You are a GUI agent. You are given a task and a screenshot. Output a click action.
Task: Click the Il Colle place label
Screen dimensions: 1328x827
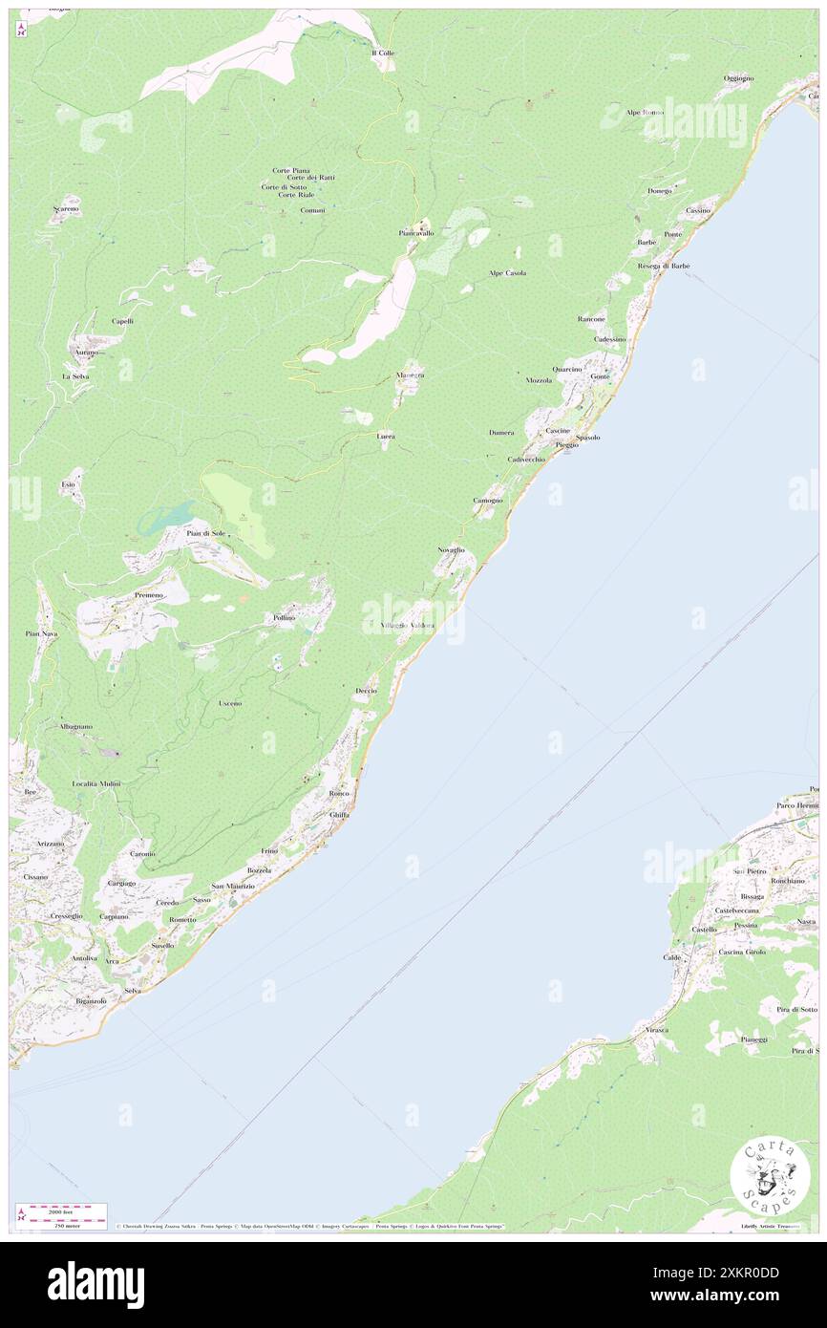[383, 54]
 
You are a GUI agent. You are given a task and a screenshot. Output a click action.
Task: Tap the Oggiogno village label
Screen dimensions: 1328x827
[738, 77]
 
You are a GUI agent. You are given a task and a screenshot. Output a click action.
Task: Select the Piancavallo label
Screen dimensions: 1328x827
[416, 233]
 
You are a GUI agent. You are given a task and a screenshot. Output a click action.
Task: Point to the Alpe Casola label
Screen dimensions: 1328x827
[508, 273]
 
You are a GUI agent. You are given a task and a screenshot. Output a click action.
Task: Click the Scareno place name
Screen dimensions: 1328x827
[66, 208]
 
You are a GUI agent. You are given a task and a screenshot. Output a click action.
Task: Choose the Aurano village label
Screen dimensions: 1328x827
[81, 353]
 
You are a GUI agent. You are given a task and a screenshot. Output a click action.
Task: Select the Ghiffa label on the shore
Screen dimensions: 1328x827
[339, 814]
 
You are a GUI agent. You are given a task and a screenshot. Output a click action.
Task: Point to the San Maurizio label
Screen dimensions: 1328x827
[233, 887]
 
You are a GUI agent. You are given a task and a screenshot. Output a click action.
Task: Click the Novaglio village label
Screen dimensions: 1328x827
[451, 550]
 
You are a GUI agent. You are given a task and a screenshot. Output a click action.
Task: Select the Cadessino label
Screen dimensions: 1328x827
[609, 339]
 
